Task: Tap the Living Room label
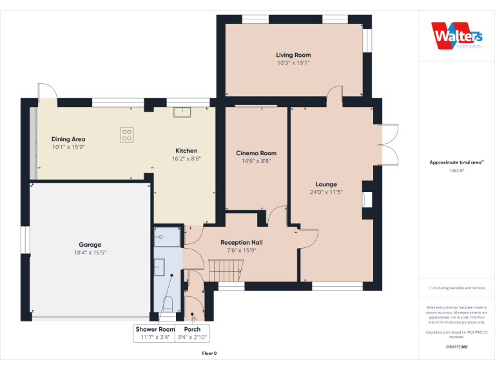tap(293, 55)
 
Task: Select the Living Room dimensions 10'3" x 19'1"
tap(293, 63)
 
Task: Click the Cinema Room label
tap(256, 153)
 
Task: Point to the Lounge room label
tap(326, 184)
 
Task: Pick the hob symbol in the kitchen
tap(127, 135)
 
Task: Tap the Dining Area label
tap(68, 139)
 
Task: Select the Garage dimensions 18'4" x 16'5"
tap(90, 252)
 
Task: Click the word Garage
tap(90, 245)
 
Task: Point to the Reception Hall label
tap(241, 242)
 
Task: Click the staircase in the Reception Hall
tap(224, 270)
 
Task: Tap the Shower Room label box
tap(154, 333)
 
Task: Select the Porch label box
tap(192, 333)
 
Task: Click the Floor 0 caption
tap(209, 353)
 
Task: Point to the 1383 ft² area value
tap(456, 171)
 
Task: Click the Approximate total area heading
tap(456, 163)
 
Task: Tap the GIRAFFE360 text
tap(456, 347)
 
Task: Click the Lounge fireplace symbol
tap(367, 199)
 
